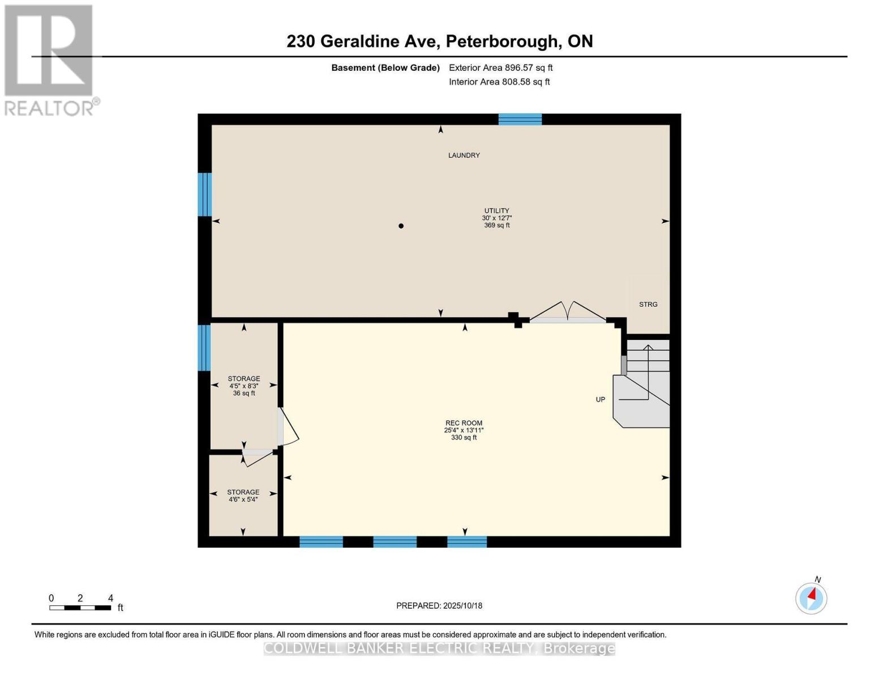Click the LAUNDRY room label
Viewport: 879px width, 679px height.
tap(464, 155)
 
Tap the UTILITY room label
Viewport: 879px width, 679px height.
tap(496, 210)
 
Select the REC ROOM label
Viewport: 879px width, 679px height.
tap(464, 423)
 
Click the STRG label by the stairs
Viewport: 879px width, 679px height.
tap(648, 304)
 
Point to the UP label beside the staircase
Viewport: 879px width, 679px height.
tap(601, 399)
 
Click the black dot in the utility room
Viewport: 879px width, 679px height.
tap(401, 226)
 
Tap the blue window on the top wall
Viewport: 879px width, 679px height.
tap(520, 119)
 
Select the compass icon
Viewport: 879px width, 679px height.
tap(811, 598)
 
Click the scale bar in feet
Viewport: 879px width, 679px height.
tap(80, 608)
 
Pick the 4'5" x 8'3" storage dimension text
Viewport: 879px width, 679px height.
tap(244, 386)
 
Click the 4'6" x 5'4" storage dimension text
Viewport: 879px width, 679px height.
tap(243, 500)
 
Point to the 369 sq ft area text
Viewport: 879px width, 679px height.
tap(496, 225)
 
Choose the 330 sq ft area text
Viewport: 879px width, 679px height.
tap(464, 437)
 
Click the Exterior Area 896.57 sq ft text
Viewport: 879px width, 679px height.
tap(500, 68)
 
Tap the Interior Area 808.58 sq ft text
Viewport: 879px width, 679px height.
tap(499, 82)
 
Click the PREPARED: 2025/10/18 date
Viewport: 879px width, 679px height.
tap(439, 605)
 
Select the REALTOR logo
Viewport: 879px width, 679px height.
tap(49, 59)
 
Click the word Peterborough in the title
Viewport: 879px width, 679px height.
tap(501, 41)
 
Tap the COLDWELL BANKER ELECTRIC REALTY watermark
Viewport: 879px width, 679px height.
tap(439, 648)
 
